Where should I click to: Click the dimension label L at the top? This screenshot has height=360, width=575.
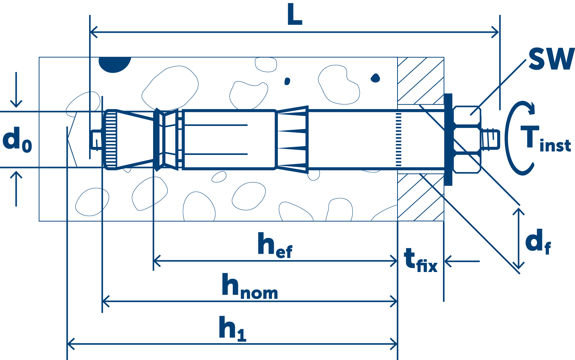tap(294, 16)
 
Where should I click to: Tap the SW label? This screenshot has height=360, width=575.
tap(551, 59)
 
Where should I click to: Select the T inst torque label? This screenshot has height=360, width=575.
tap(546, 139)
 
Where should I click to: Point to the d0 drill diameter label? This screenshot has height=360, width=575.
tap(17, 140)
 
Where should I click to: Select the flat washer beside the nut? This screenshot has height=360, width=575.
tap(448, 139)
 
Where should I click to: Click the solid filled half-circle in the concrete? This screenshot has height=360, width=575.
tap(115, 64)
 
